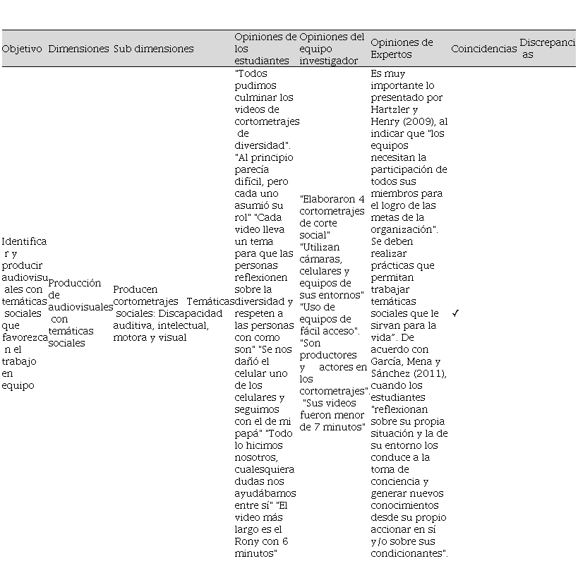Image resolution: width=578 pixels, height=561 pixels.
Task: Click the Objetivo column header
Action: coord(22,49)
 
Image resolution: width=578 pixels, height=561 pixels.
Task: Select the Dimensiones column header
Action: coord(78,49)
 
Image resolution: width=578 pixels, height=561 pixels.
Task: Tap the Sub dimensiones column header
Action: coord(153,49)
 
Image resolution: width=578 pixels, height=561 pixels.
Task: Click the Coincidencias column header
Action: coord(483,49)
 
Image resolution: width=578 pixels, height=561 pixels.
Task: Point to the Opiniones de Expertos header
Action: coord(402,49)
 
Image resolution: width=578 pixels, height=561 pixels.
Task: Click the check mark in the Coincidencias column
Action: coord(455,313)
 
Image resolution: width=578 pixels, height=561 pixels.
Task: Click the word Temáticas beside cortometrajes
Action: coord(210,301)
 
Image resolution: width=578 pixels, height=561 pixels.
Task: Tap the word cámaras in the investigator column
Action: coord(319,259)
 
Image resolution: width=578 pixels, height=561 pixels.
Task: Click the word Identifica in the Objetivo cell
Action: coord(24,241)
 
